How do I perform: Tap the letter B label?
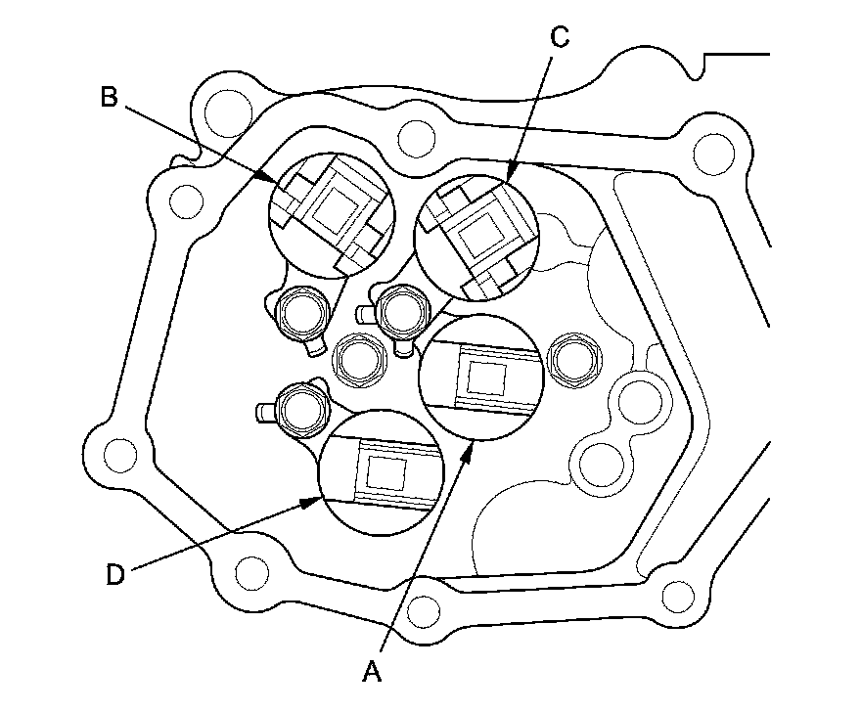109,96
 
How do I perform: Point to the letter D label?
115,574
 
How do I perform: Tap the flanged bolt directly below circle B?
300,315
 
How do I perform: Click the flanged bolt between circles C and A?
401,310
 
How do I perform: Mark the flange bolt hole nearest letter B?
225,104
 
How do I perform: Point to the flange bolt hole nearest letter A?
423,611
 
